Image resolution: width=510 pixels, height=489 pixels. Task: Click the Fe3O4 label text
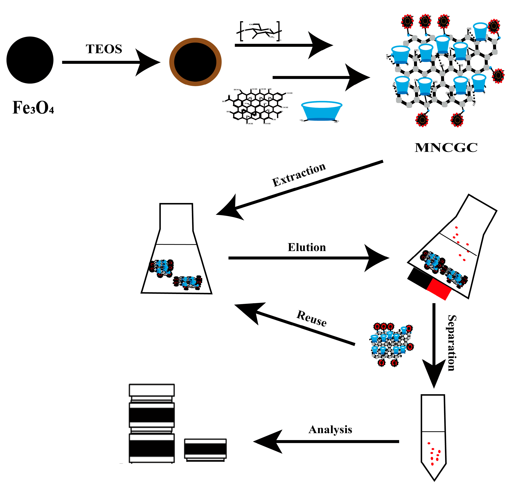pos(33,108)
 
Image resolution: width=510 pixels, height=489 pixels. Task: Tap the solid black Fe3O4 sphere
pos(30,60)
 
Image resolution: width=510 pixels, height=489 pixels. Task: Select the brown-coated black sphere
pos(195,62)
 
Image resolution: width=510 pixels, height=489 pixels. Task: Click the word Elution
pos(307,247)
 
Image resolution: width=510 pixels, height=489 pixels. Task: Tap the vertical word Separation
pos(452,343)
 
